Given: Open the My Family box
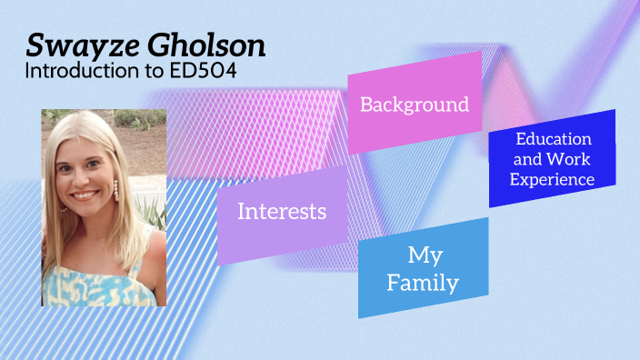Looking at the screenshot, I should coord(424,267).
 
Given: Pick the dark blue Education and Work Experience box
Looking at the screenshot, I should coord(552,159).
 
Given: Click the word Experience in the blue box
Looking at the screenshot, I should coord(552,179).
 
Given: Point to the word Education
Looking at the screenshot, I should coord(554,139).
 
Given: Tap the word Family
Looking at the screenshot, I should coord(424,283).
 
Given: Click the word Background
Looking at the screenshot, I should coord(415,104).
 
